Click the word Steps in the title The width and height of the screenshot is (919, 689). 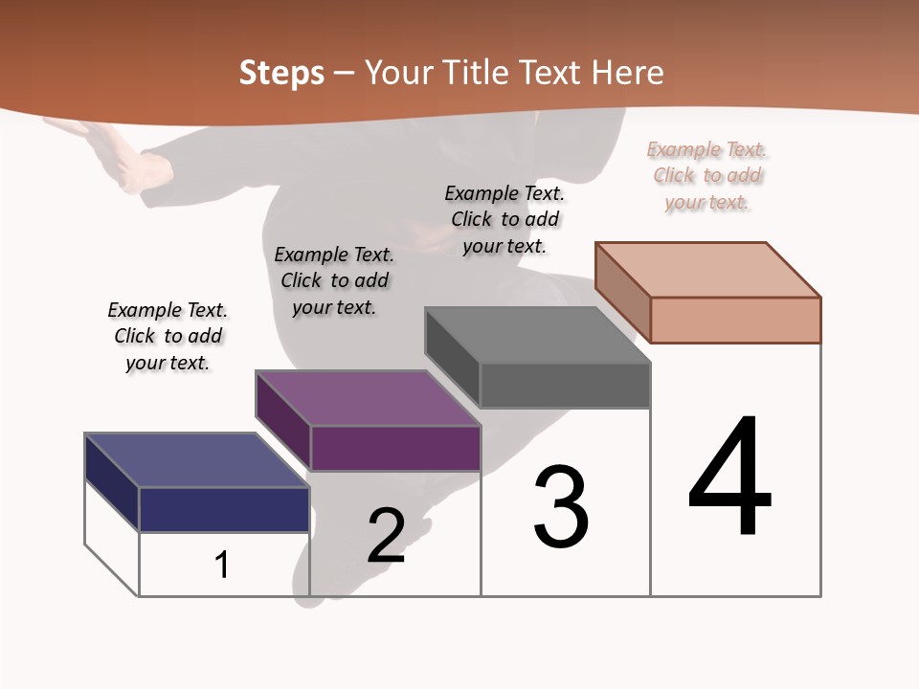(x=281, y=73)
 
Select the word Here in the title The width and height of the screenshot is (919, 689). (x=627, y=73)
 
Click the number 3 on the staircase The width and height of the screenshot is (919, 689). (x=561, y=507)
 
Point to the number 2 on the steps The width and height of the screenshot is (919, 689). (x=387, y=536)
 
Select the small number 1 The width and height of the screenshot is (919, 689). (x=222, y=566)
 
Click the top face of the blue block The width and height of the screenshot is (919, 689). (x=196, y=460)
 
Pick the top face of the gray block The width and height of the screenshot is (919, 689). (x=537, y=335)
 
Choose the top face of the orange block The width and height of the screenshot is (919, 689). (x=708, y=270)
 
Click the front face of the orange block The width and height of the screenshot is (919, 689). (x=735, y=320)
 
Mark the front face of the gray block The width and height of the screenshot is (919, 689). (x=565, y=386)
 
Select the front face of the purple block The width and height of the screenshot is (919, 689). (x=394, y=448)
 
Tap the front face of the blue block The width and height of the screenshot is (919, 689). (x=224, y=509)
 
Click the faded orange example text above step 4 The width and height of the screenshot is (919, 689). (x=707, y=176)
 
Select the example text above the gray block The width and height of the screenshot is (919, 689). (x=504, y=219)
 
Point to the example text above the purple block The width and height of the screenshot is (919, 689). (x=334, y=280)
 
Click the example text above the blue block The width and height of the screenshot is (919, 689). (x=168, y=336)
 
